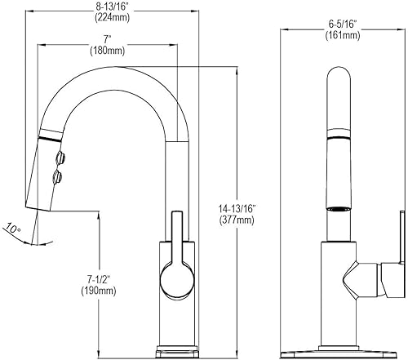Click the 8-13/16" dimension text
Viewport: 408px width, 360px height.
112,7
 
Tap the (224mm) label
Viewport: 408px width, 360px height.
112,18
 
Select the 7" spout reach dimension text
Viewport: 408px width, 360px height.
108,40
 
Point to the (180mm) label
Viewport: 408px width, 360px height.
108,51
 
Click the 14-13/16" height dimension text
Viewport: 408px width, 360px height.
237,209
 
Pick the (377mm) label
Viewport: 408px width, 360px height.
237,220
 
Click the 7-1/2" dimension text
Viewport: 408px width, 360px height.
99,279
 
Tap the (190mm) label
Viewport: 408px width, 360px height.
99,291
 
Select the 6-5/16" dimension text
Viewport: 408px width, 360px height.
343,24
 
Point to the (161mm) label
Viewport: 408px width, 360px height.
343,36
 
